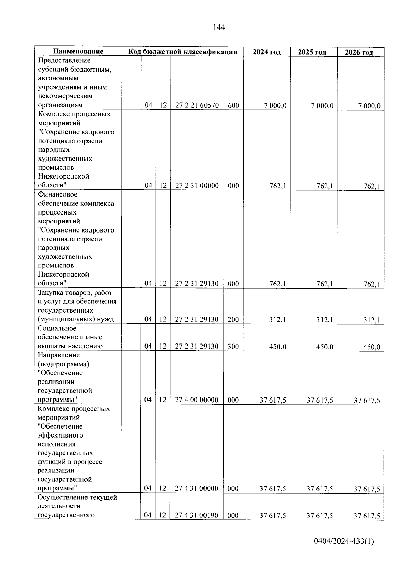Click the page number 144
[219, 27]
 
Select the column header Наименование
[78, 52]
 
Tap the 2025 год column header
[312, 52]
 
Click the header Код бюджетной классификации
[182, 52]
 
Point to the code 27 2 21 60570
[197, 105]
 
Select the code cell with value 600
[233, 105]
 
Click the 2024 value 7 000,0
[275, 106]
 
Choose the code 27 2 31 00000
[197, 186]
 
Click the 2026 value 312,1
[371, 320]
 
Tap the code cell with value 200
[233, 319]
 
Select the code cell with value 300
[233, 347]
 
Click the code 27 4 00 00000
[196, 400]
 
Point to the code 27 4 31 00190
[196, 515]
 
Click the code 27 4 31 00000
[196, 488]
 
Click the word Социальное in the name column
[57, 328]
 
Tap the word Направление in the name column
[59, 355]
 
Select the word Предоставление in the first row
[64, 60]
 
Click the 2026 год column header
[359, 53]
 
